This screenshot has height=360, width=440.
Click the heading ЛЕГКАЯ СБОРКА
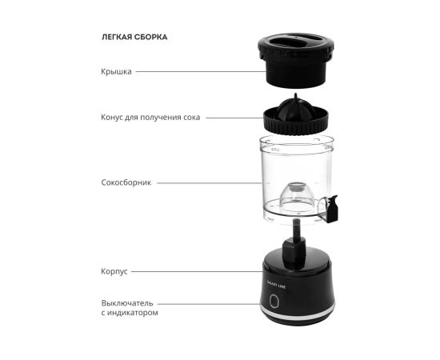[x=134, y=37]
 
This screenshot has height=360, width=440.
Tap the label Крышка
[x=116, y=71]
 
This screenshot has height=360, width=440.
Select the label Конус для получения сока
[x=150, y=118]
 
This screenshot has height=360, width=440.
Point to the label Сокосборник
[x=126, y=182]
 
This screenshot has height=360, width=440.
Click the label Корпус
[x=114, y=272]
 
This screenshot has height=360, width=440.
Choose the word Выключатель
[x=127, y=303]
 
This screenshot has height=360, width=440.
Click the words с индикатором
[x=130, y=313]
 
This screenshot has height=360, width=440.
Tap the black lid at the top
[x=296, y=60]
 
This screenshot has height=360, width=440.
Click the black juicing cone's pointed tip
[x=295, y=95]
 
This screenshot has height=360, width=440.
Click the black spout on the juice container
[x=333, y=209]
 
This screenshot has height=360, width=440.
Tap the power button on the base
[x=274, y=301]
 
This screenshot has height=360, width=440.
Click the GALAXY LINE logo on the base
[x=277, y=285]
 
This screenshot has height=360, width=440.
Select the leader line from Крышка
[x=201, y=71]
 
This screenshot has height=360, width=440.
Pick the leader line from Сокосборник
[x=210, y=183]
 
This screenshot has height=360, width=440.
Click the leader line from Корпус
[x=197, y=272]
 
